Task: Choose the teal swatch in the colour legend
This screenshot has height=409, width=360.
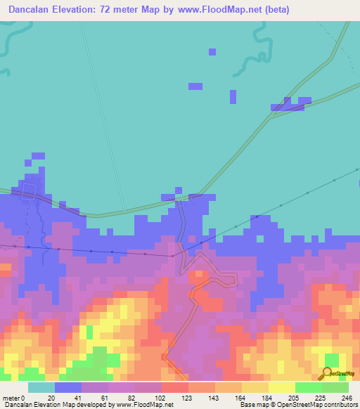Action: point(41,387)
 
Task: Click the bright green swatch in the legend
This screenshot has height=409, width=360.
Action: point(308,387)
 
